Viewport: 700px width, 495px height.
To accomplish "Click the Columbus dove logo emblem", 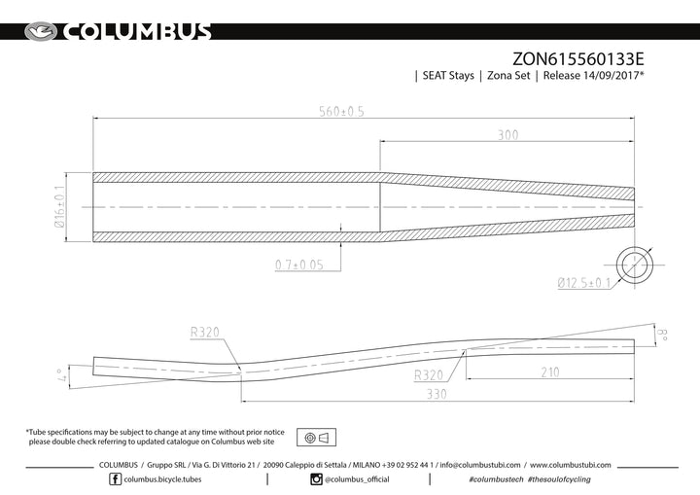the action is (41, 32).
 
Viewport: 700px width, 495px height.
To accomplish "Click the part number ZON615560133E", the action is (577, 59).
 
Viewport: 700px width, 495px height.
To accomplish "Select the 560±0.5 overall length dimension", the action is (341, 111).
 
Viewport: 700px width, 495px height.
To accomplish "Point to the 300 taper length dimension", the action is (508, 135).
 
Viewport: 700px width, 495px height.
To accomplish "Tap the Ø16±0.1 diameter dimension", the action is (59, 206).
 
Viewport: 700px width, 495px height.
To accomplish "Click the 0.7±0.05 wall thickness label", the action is (299, 265).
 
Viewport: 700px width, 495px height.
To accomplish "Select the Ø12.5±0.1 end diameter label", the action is (584, 283).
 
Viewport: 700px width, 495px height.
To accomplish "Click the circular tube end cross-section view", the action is (634, 265).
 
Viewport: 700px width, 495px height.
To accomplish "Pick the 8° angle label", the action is (663, 335).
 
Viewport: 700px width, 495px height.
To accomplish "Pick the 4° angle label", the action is (62, 375).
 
